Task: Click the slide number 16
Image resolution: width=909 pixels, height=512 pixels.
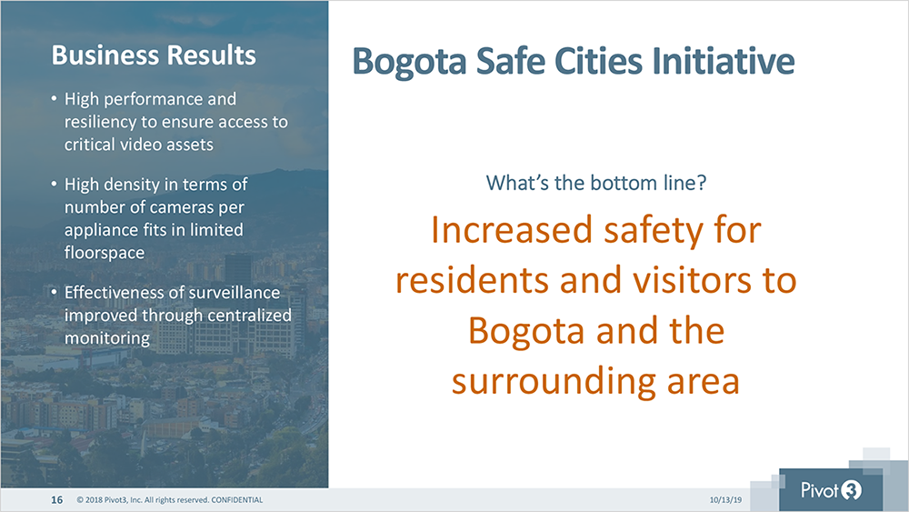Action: click(x=56, y=500)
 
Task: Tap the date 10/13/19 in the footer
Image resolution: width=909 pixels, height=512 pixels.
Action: click(x=725, y=500)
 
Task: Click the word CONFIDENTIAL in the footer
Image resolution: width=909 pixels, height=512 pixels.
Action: click(x=236, y=500)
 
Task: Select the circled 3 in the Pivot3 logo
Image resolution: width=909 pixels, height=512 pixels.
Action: click(x=851, y=490)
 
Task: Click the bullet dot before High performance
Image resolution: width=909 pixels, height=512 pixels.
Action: click(x=54, y=99)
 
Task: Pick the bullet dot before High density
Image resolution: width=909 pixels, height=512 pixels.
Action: click(x=54, y=185)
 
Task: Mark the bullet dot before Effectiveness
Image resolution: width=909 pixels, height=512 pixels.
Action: click(x=54, y=292)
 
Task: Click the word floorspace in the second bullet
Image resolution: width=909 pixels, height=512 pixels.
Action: click(x=105, y=254)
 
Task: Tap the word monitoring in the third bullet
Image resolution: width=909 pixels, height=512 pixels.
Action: click(x=107, y=338)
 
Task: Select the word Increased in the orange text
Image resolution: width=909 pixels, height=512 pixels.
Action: click(x=511, y=229)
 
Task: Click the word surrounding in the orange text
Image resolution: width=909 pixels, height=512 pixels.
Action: click(x=554, y=383)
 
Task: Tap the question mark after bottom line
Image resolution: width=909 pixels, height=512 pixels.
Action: click(x=702, y=183)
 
